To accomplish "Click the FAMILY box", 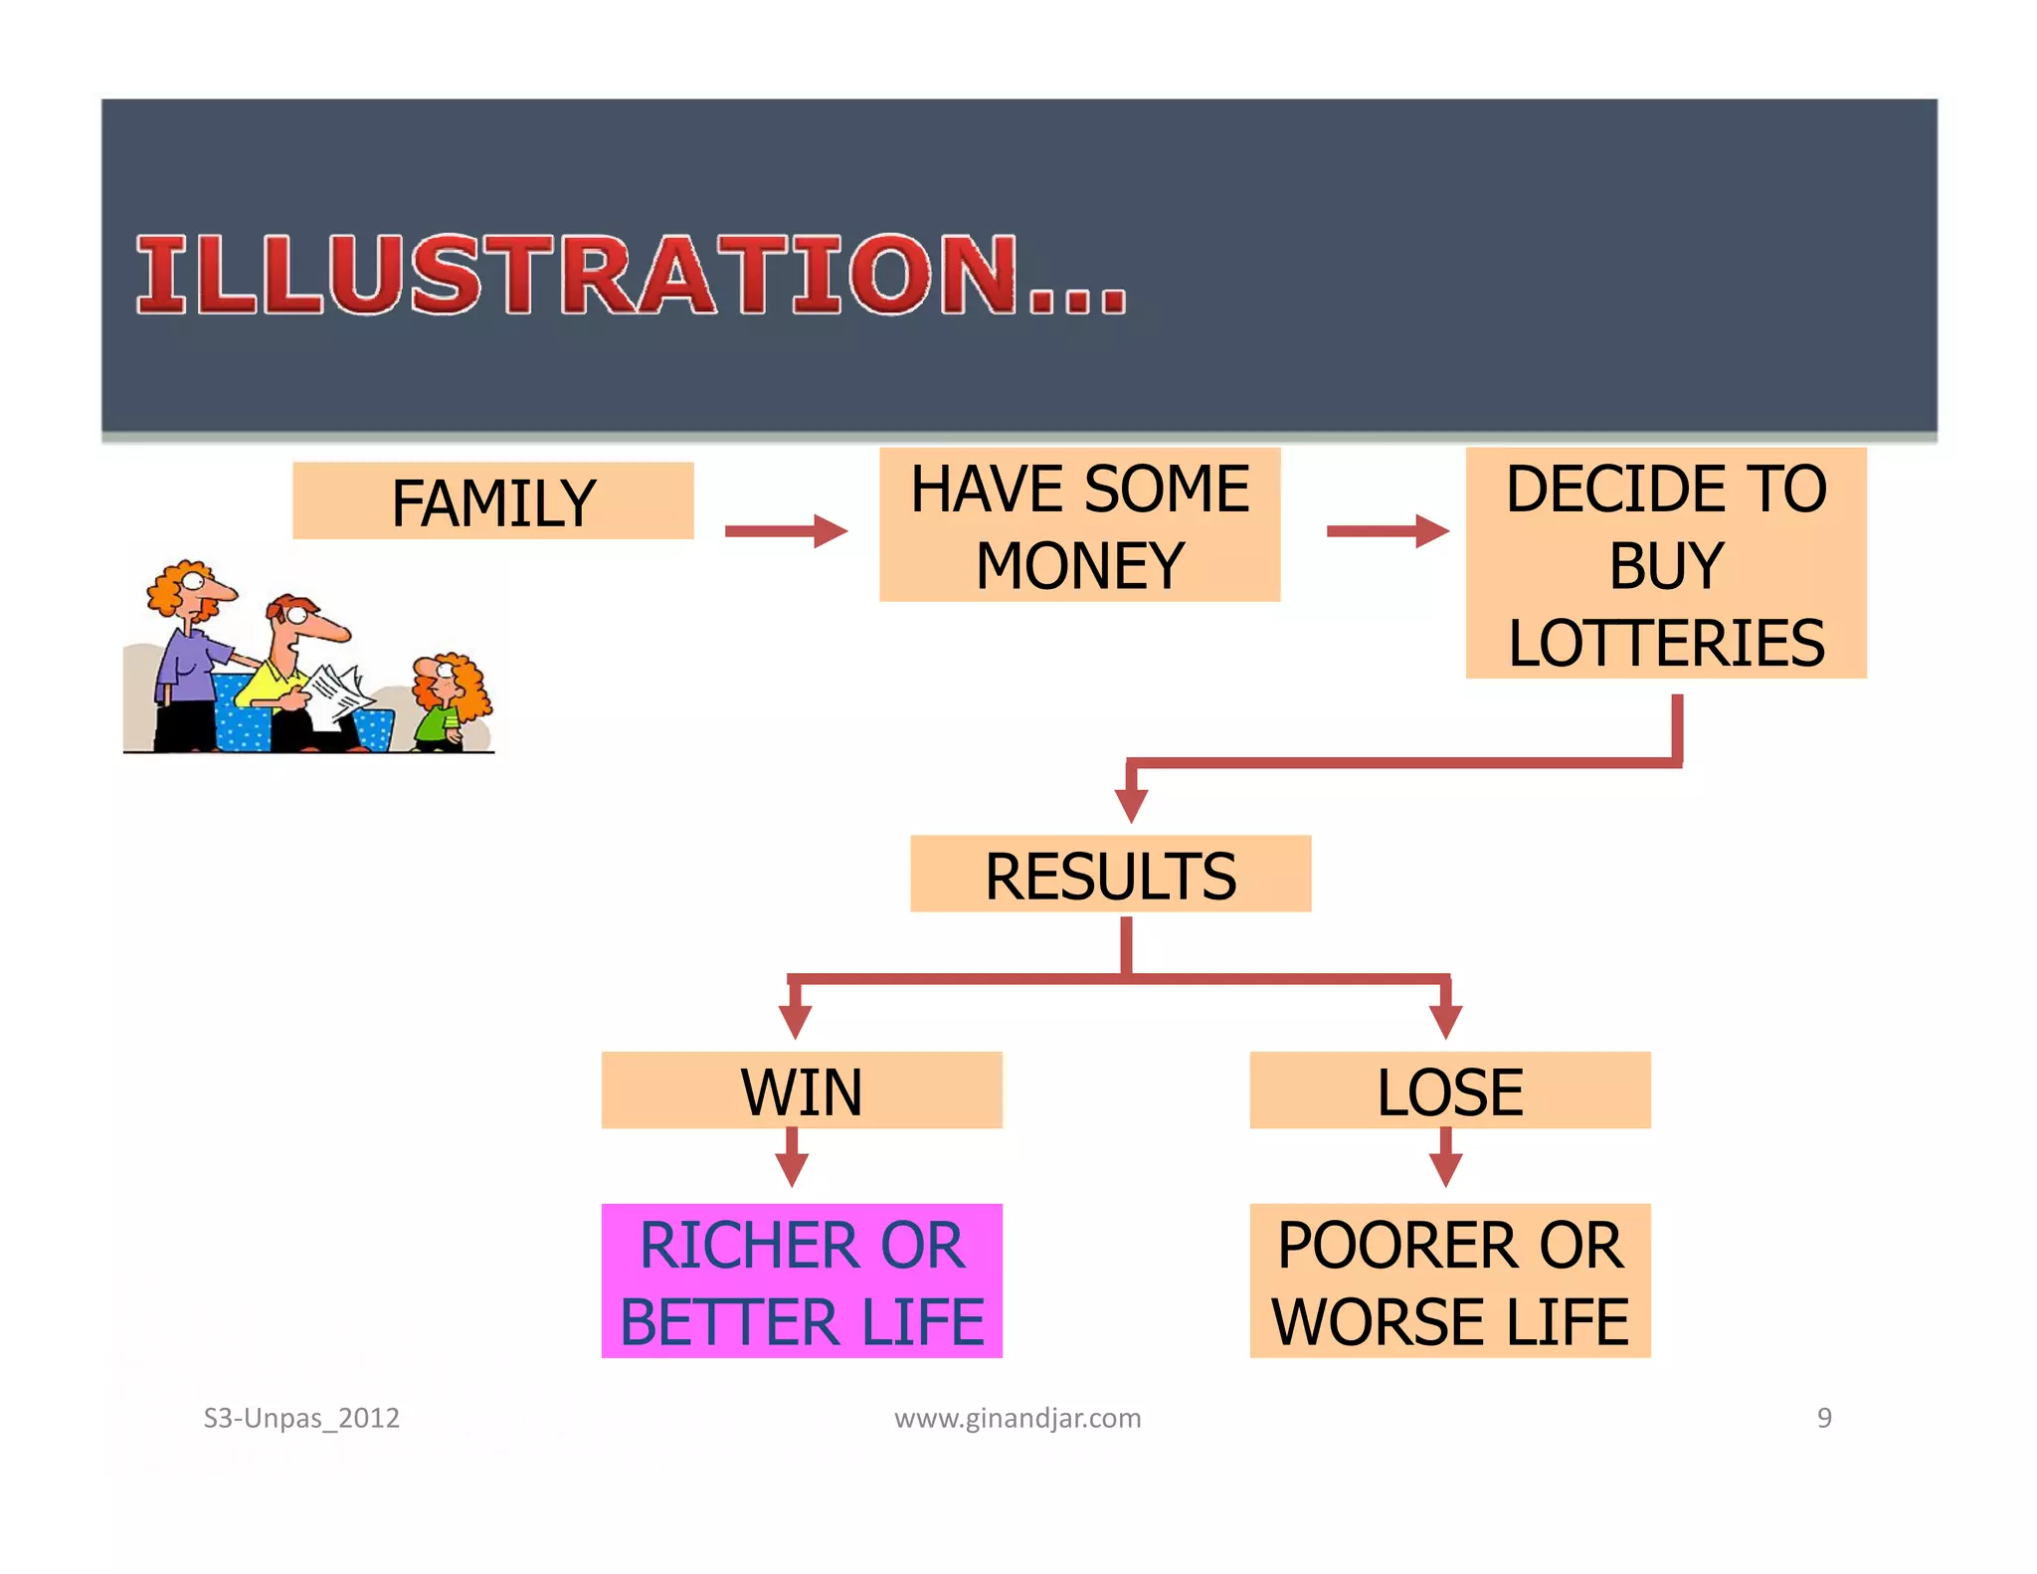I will (x=493, y=501).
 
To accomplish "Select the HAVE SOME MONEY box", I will (x=1079, y=525).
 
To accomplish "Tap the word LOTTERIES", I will (x=1666, y=643).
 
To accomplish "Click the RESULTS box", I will (x=1110, y=875).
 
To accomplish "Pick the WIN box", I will (x=802, y=1090).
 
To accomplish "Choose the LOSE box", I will (x=1449, y=1090).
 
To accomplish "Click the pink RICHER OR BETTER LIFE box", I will (x=802, y=1281).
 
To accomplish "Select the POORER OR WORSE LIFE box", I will (x=1449, y=1281).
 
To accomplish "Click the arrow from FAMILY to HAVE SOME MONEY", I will (x=785, y=531).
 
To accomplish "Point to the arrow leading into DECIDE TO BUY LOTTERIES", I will (x=1387, y=531).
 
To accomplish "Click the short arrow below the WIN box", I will (x=792, y=1158).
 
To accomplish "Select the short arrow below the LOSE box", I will (x=1445, y=1158).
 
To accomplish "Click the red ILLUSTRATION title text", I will (x=631, y=276).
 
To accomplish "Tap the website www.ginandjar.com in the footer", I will (x=1018, y=1418).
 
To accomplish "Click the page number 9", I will (x=1824, y=1418).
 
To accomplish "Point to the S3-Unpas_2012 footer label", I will (x=301, y=1418).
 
